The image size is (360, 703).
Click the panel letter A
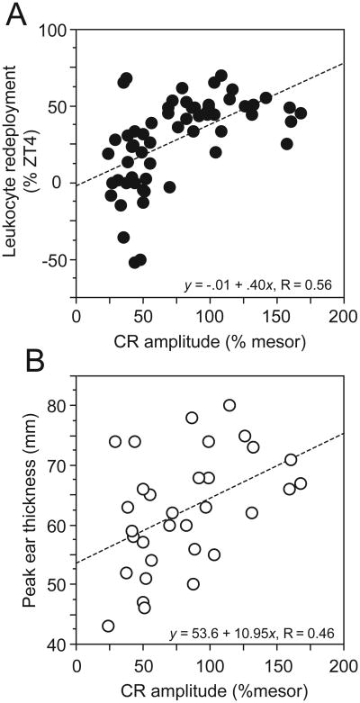click(x=15, y=15)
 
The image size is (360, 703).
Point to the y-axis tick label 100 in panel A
click(x=58, y=31)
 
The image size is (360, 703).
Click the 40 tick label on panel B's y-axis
click(x=60, y=644)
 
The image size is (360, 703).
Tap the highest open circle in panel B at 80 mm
click(x=229, y=405)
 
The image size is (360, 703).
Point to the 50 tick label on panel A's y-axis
click(x=60, y=107)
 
